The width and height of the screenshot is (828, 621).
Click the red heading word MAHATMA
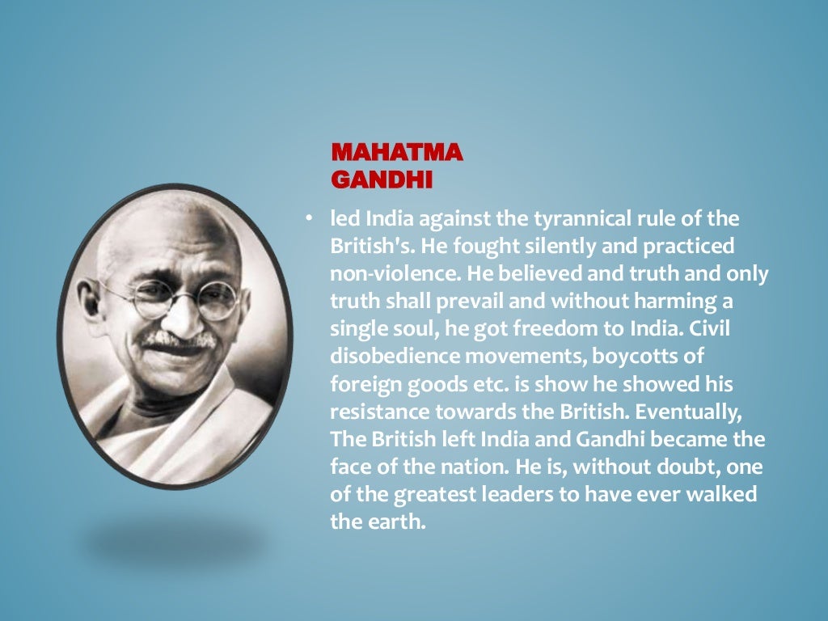[x=396, y=152]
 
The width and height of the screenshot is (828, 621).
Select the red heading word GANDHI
[x=382, y=178]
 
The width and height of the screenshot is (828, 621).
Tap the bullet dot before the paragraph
[x=308, y=218]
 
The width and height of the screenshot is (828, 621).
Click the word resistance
[x=380, y=412]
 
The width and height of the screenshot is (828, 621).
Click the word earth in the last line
[x=399, y=522]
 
